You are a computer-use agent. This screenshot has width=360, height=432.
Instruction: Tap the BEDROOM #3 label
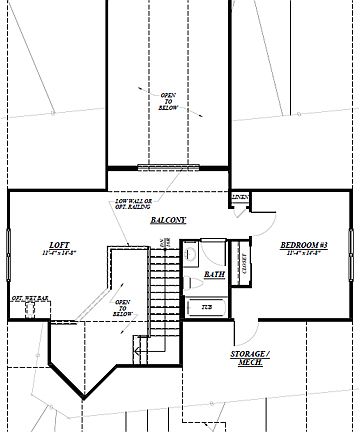299,244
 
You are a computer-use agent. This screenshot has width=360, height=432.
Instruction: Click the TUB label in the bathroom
206,307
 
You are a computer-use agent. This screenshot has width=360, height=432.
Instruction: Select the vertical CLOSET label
244,262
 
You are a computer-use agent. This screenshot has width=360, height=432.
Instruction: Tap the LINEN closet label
239,196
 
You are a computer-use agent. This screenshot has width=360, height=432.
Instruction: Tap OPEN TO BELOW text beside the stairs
123,305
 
